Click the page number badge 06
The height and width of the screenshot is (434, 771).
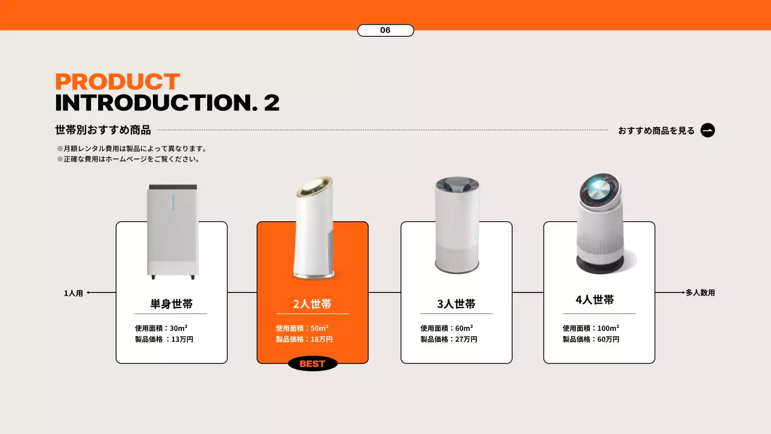point(385,30)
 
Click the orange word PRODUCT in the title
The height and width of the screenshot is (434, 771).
point(117,82)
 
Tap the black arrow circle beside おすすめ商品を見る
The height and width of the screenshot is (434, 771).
point(708,130)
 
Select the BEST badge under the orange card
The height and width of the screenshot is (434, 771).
point(313,363)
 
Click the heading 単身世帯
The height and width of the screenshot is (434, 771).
point(172,304)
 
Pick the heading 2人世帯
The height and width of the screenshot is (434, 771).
point(313,304)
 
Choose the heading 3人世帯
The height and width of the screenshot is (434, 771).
point(456,304)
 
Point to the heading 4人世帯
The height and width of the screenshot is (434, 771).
point(595,300)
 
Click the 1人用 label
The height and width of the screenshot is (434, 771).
point(73,294)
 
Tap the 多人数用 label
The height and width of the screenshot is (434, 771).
point(700,293)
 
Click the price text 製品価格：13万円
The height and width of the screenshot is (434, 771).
point(164,339)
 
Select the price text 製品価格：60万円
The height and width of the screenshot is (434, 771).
point(591,339)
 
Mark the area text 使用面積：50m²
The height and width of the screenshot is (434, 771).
point(302,328)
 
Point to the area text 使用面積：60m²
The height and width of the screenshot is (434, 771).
point(446,328)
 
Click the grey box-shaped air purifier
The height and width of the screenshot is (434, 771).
point(173,232)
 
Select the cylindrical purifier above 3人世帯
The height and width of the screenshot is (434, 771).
point(457,226)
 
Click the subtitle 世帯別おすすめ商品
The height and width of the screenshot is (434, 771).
point(103,130)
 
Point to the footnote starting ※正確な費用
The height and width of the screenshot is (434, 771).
point(128,160)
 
